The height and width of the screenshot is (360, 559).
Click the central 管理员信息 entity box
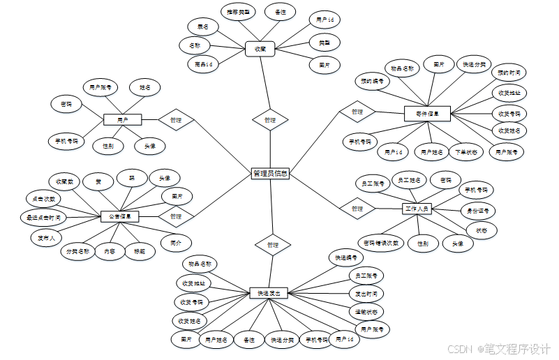(x=269, y=174)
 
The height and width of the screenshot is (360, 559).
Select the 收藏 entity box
(x=260, y=49)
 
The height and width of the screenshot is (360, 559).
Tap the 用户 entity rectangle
(x=123, y=120)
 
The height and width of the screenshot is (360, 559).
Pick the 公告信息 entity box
(x=119, y=217)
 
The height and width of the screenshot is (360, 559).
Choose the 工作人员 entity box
(x=417, y=209)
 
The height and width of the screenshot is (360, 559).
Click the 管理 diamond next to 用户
(x=175, y=120)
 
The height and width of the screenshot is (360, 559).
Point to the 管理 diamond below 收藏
(x=269, y=120)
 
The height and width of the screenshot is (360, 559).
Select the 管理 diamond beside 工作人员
(x=357, y=209)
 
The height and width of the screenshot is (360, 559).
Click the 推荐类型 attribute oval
(x=237, y=12)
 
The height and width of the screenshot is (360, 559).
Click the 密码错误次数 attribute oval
(x=381, y=243)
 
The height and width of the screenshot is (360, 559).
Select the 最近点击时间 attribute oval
(x=43, y=218)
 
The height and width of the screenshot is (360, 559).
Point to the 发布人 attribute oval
(x=47, y=238)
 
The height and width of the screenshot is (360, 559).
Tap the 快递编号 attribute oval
(x=346, y=257)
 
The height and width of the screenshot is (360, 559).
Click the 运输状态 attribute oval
(x=366, y=311)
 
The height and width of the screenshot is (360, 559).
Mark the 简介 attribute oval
(x=176, y=243)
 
